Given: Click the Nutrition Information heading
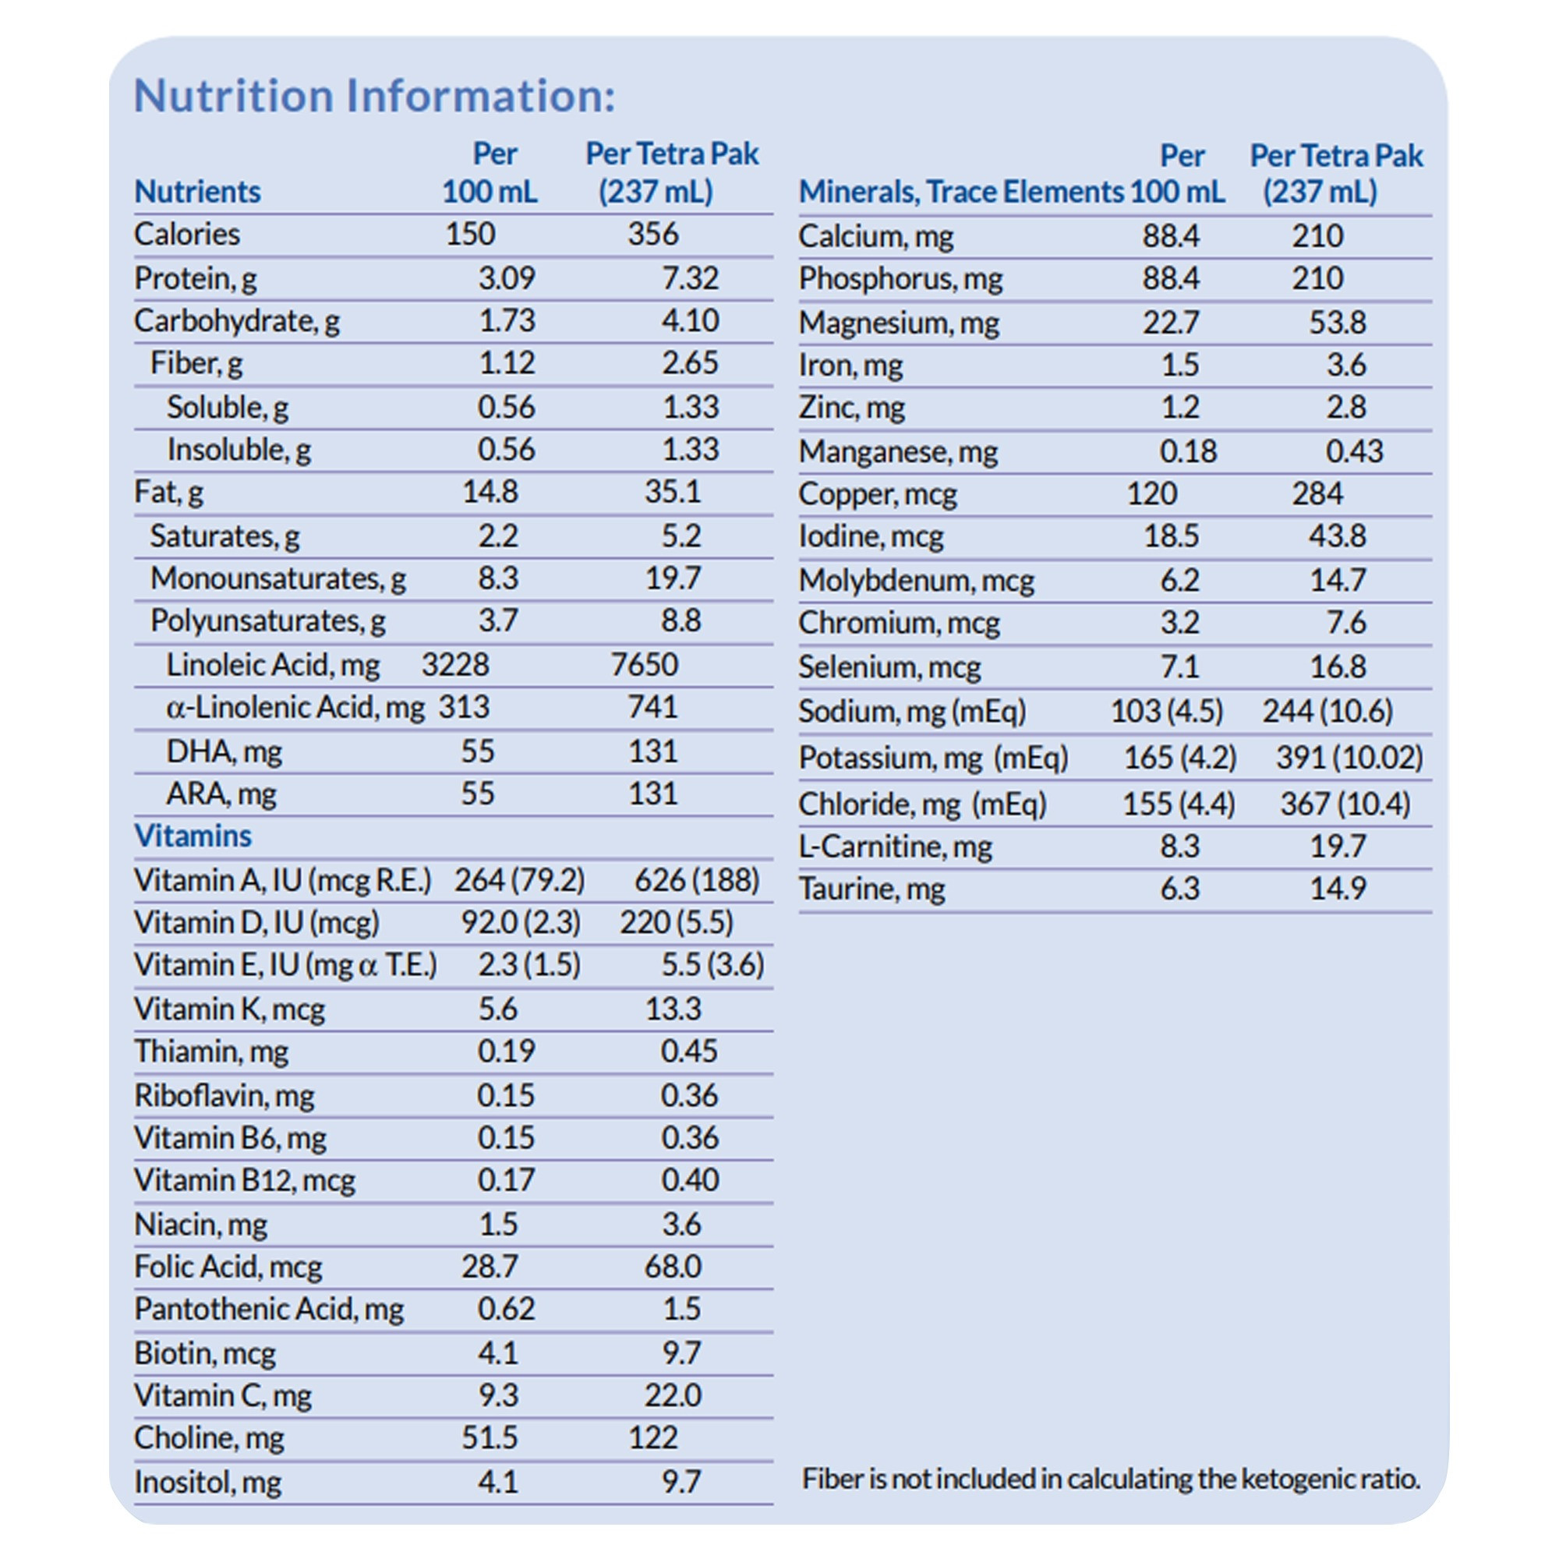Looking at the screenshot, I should coord(374,96).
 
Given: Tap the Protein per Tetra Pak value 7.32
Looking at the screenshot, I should coord(689,278).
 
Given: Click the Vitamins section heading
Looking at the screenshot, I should coord(193,836).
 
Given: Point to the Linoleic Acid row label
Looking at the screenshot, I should coord(272,665).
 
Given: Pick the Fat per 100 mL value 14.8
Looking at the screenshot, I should coord(490,491).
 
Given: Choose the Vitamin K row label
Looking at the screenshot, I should coord(229,1009).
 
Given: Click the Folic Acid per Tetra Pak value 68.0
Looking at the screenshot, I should coord(672,1266).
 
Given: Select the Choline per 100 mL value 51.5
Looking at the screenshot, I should coord(490,1437).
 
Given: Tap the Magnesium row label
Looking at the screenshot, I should coord(899,323).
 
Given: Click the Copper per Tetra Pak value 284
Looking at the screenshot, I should coord(1317,493).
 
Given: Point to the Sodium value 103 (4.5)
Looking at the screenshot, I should coord(1167,711).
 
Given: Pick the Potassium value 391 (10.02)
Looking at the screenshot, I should coord(1349,758).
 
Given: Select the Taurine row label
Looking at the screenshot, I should coord(871,889).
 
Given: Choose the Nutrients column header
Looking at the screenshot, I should coord(198,192).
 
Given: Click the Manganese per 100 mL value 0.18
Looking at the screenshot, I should coord(1188,451).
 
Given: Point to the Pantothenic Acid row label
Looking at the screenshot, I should coord(269,1309).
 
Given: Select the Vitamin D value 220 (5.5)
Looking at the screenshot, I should coord(676,922).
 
